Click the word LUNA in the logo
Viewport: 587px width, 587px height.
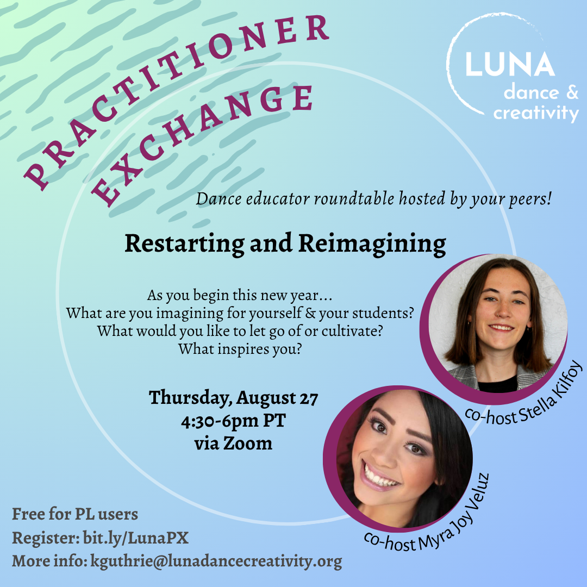510,64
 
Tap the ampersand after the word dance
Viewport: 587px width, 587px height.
572,92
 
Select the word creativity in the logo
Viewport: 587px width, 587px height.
536,113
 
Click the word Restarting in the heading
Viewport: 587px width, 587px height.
184,244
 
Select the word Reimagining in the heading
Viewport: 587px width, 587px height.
372,244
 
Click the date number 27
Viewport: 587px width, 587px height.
309,398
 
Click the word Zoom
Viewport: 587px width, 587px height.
248,444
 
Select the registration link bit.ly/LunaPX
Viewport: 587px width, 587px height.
135,538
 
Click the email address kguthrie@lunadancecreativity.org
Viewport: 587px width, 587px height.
216,561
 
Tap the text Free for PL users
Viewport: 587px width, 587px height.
75,514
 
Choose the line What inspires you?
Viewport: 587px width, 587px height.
240,349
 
